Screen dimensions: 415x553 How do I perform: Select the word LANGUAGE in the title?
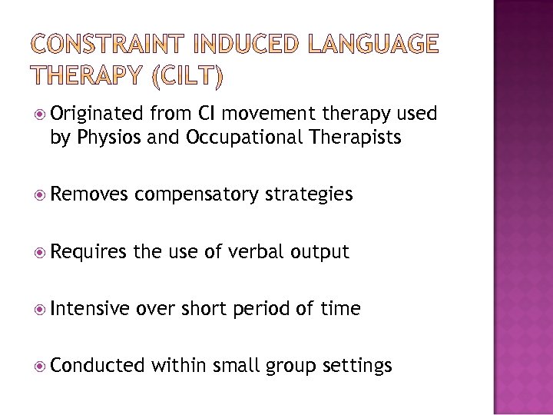click(374, 45)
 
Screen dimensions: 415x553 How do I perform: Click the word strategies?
click(308, 194)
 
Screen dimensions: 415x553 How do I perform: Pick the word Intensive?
click(90, 308)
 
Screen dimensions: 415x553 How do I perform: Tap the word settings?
click(357, 366)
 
